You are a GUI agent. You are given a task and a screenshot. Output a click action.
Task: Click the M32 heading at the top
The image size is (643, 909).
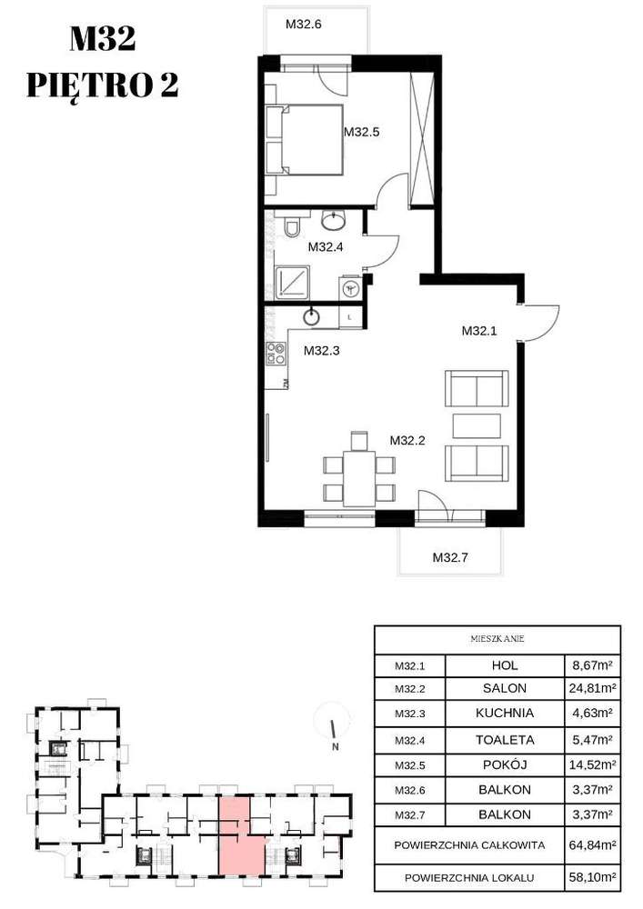click(103, 39)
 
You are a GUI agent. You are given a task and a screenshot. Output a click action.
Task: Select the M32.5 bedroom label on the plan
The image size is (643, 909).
click(361, 132)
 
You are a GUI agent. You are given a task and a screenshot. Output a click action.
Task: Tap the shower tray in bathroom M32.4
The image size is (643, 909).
click(294, 281)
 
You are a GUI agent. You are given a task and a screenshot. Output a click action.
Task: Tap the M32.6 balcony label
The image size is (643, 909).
click(304, 25)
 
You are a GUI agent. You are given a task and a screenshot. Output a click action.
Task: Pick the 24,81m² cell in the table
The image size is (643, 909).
click(591, 688)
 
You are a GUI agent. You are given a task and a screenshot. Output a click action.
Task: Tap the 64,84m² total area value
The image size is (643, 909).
click(591, 844)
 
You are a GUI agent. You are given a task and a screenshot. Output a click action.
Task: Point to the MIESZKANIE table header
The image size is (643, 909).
click(497, 639)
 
